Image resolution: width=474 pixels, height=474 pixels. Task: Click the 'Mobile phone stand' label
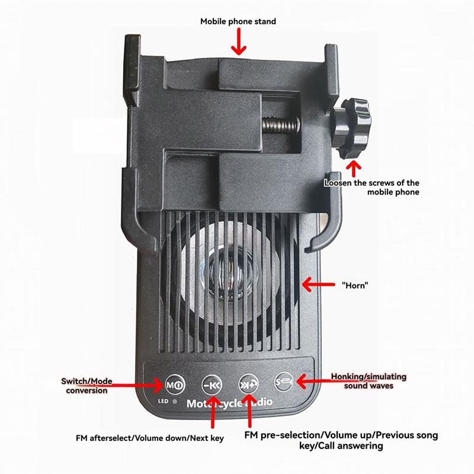pos(238,21)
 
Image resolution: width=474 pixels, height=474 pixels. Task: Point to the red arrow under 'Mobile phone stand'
pos(239,41)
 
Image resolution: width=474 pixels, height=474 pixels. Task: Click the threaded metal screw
pos(281,124)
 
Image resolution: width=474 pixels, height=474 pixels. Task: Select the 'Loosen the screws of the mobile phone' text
pos(372,187)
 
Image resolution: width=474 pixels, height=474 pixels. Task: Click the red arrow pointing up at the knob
pos(354,169)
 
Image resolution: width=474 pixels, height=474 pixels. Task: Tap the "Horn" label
pos(355,285)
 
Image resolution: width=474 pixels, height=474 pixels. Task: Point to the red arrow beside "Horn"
pos(318,284)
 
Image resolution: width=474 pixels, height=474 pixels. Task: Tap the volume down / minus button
pos(212,385)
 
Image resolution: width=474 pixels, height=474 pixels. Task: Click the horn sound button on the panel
pos(284,382)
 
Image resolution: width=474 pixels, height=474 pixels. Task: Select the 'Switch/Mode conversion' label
pos(87,386)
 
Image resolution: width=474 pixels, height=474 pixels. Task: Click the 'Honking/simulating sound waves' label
pos(369,381)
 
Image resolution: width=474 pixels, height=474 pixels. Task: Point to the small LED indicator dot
pos(174,402)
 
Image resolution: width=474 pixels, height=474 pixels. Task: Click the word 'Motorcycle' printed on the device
pos(214,403)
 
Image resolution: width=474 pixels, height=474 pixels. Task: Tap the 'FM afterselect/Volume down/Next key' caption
pos(150,438)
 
